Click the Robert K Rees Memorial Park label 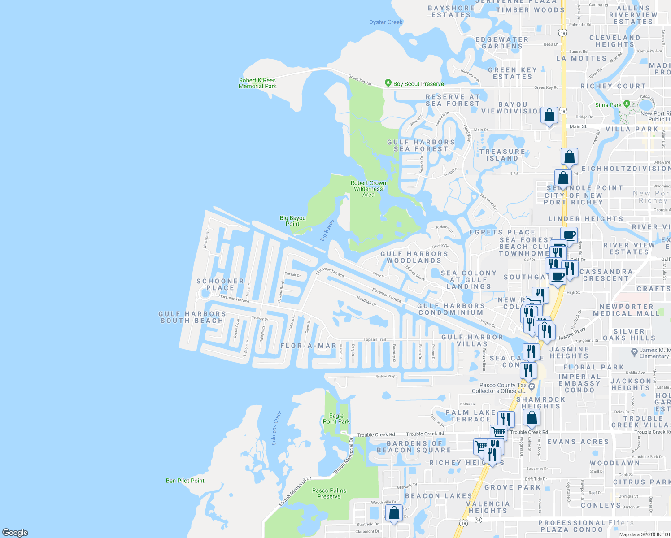[x=257, y=83]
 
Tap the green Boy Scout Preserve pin [x=388, y=83]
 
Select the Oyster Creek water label [x=386, y=22]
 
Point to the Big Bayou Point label [x=292, y=221]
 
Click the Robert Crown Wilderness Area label [x=368, y=189]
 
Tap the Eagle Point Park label [x=336, y=418]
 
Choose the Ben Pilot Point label [x=185, y=481]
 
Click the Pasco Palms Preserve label [x=329, y=493]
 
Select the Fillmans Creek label [x=276, y=428]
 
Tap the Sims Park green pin [x=627, y=104]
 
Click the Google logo [x=15, y=532]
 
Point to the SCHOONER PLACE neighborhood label [x=220, y=284]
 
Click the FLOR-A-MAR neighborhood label [x=308, y=346]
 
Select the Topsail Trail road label [x=375, y=339]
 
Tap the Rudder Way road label [x=385, y=376]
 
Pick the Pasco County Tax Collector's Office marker [x=532, y=386]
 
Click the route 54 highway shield [x=479, y=520]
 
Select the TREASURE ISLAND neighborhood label [x=502, y=155]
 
